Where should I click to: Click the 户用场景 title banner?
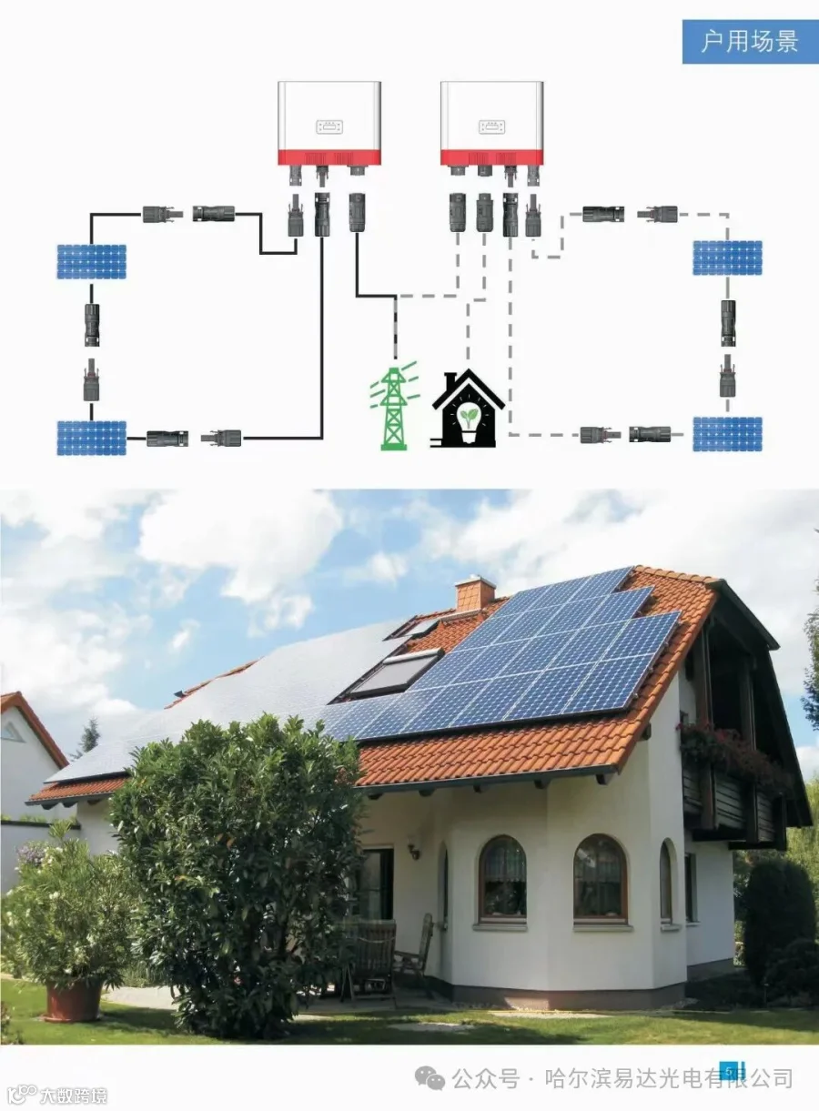coord(749,41)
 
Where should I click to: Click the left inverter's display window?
coord(329,126)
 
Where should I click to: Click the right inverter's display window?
coord(491,126)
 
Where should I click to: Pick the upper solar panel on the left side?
coord(91,261)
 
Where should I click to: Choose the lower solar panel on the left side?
coord(91,437)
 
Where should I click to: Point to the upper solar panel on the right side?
coord(727,258)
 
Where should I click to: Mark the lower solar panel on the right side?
coord(727,434)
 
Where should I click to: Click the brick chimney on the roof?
coord(475,595)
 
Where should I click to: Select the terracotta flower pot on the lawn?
coord(75,999)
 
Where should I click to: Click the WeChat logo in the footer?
coord(430,1078)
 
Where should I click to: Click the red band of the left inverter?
coord(329,157)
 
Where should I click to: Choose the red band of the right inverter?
coord(491,157)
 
